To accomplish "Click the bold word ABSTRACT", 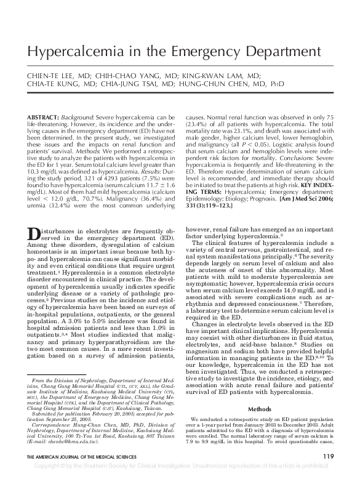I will tap(60, 117).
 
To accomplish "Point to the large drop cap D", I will tap(34, 235).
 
